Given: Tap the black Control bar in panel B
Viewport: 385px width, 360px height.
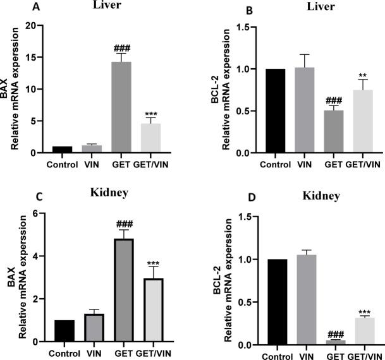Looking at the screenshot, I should click(275, 111).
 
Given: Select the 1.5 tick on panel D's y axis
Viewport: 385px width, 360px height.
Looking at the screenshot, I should click(243, 217).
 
